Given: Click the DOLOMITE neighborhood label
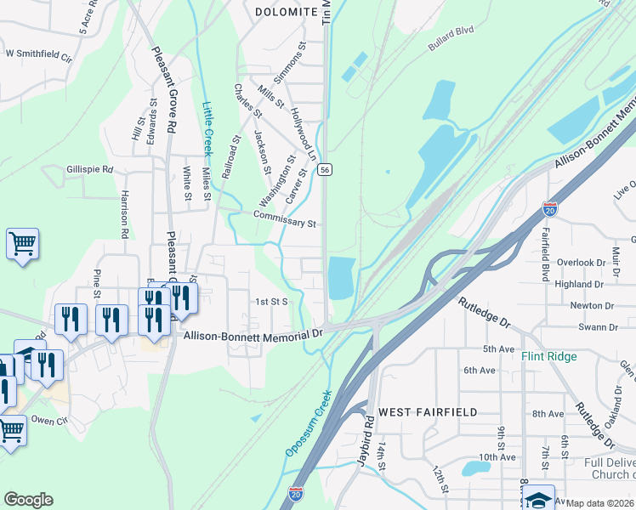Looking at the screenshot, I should (286, 12).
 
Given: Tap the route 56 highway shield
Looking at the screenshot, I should (326, 170).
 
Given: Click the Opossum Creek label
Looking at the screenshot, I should (306, 423).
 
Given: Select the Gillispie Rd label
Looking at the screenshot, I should (89, 169).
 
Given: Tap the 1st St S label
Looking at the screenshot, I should (274, 301).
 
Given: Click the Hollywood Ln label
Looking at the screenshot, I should (303, 134).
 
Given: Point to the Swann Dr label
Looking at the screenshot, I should (596, 326).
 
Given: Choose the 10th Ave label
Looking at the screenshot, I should (497, 457).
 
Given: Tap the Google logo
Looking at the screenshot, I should (28, 499).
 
